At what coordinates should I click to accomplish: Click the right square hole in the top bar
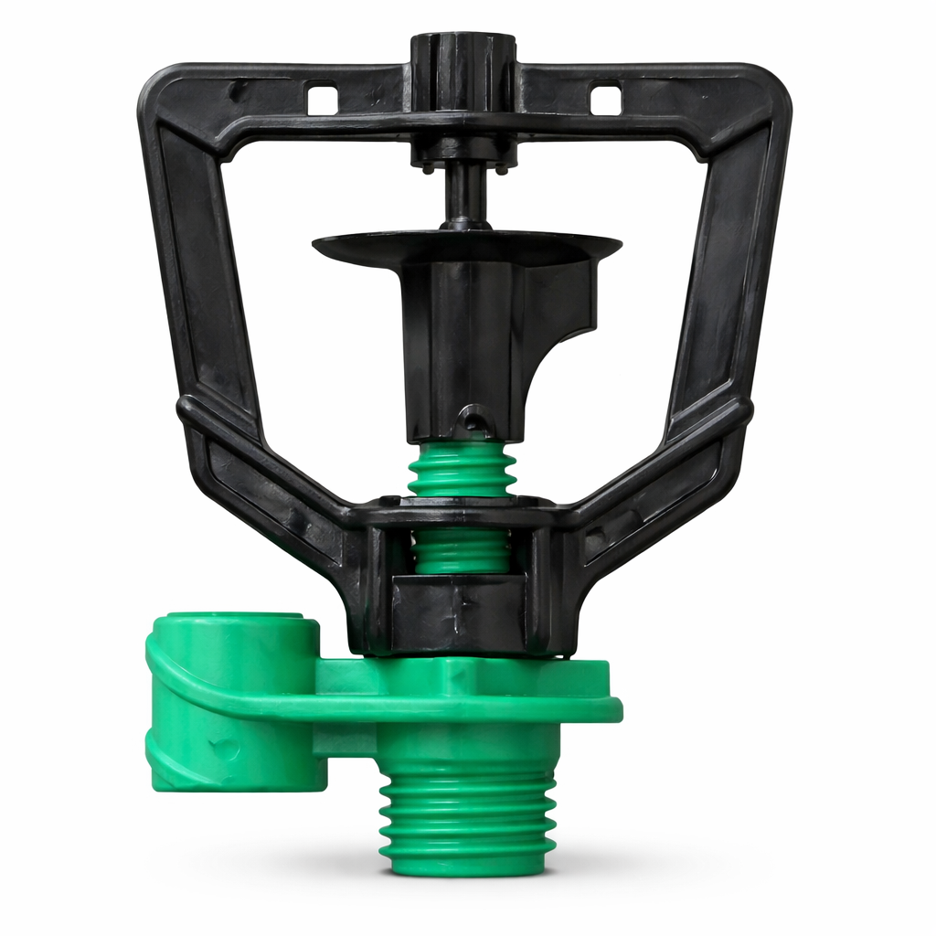605,99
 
